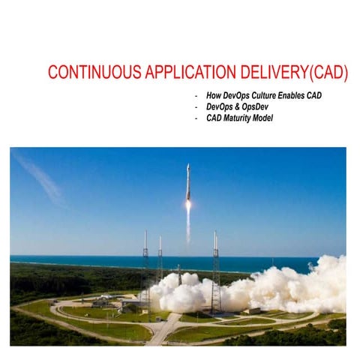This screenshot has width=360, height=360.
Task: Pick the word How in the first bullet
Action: (214, 97)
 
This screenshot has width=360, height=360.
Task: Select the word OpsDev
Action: (253, 107)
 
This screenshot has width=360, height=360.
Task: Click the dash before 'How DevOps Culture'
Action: (196, 97)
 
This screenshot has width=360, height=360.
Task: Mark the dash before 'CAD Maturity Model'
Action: (196, 118)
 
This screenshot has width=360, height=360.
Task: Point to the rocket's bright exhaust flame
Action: (187, 204)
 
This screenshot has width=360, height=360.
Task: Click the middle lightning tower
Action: (160, 259)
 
